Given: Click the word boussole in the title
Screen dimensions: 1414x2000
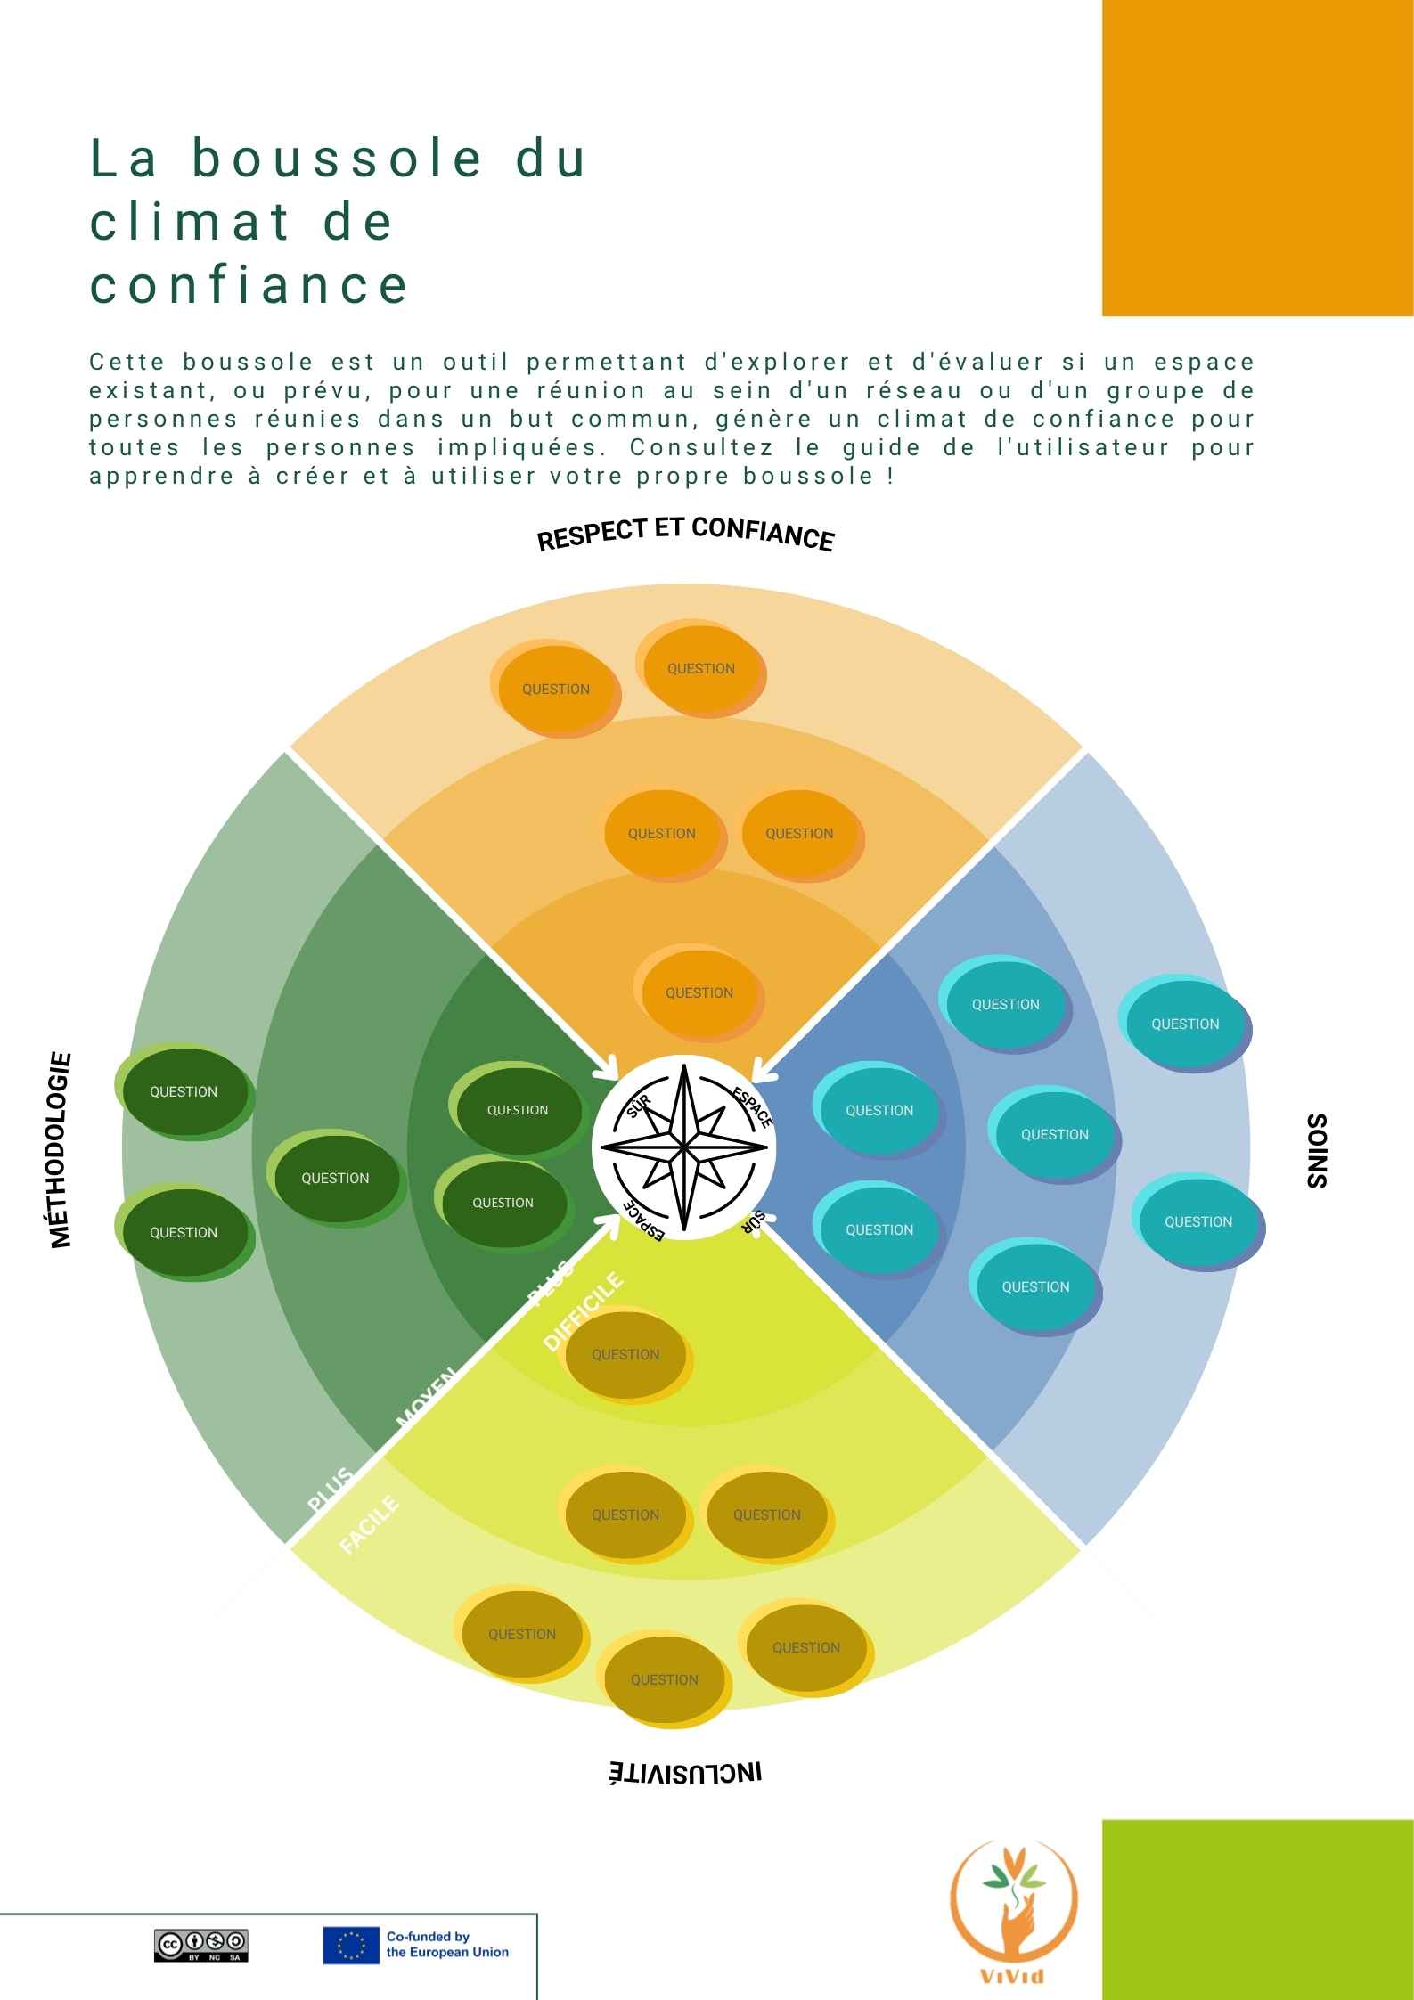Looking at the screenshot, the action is [337, 159].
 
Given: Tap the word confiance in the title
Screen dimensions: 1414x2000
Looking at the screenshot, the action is [249, 285].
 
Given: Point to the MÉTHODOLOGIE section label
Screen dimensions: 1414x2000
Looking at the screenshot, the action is [60, 1150].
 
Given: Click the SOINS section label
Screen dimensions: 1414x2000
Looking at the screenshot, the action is [1317, 1150].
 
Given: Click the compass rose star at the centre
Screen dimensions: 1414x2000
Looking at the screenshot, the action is [683, 1147].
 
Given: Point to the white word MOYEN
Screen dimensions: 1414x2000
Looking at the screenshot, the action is [426, 1397].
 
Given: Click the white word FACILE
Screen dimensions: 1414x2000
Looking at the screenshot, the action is [370, 1525].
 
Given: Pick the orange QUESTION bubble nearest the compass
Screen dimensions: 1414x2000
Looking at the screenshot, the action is [699, 992].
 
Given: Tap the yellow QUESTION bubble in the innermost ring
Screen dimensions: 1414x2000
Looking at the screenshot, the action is [626, 1354].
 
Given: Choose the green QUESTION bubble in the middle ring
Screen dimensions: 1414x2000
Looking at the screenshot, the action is [336, 1178].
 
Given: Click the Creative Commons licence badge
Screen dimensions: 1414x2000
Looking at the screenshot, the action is [200, 1946].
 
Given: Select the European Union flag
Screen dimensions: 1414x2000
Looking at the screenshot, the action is [351, 1946].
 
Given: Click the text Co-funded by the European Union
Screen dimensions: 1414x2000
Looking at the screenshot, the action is [447, 1945].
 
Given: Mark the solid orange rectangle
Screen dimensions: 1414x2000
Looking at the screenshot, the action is [1258, 158].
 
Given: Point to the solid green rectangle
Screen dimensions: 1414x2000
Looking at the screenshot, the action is [1258, 1909].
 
